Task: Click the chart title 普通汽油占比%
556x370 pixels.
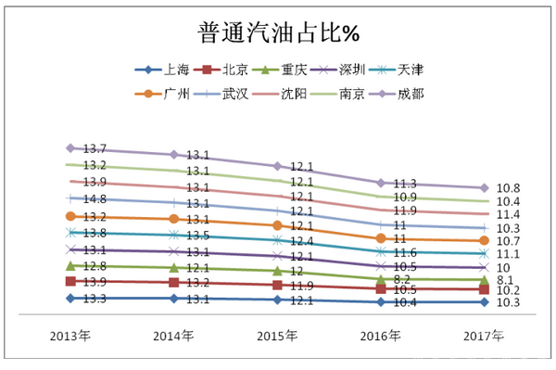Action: [x=278, y=34]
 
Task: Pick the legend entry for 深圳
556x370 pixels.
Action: [x=358, y=70]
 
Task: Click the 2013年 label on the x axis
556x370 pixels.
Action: [x=70, y=335]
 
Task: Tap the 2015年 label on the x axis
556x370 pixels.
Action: [x=277, y=335]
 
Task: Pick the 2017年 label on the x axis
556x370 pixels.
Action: [x=483, y=335]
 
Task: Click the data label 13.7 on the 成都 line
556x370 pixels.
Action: [x=95, y=149]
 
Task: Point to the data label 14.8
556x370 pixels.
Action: [x=95, y=199]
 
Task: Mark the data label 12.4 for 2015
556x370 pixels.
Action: [x=302, y=241]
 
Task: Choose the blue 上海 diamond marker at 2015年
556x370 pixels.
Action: [x=277, y=300]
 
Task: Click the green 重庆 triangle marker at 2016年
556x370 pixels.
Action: [x=380, y=277]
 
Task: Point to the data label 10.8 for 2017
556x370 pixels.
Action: [x=509, y=188]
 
